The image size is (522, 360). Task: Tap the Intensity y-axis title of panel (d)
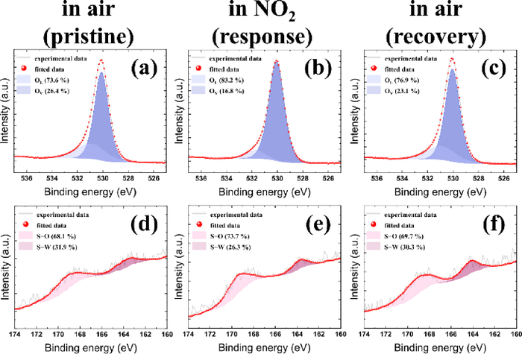[x=7, y=268]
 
